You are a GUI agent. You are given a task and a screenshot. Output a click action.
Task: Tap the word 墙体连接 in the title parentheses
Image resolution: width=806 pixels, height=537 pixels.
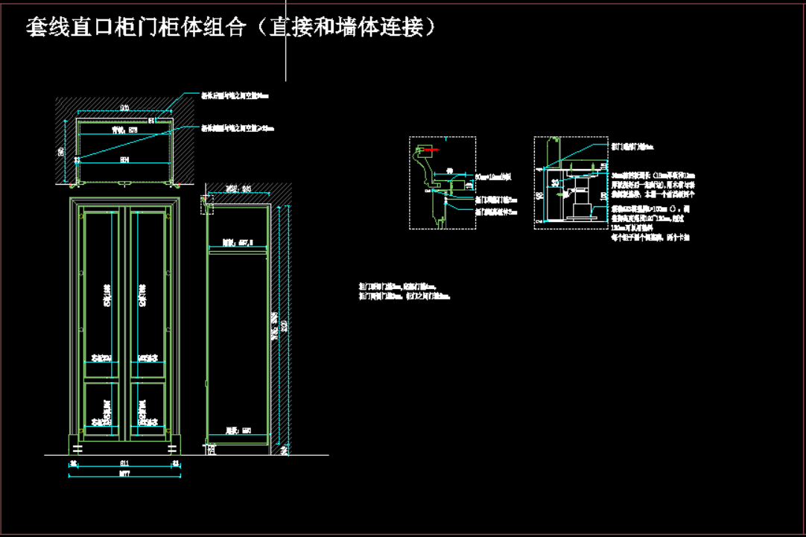[380, 28]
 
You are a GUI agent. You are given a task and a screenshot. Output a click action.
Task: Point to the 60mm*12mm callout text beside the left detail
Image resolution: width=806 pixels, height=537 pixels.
[493, 177]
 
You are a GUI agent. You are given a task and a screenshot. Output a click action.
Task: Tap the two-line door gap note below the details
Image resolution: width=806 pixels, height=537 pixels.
[404, 290]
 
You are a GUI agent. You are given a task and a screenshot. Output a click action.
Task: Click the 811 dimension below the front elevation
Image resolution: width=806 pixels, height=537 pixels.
[124, 463]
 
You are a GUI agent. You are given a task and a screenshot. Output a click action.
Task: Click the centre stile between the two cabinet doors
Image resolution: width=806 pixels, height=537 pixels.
[125, 320]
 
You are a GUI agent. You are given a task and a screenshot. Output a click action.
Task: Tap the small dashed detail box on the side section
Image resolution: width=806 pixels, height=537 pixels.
[207, 205]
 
